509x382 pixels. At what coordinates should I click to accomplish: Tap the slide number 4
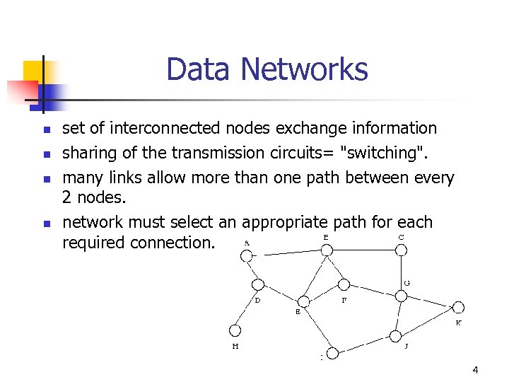(475, 370)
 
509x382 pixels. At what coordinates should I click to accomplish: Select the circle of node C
(401, 249)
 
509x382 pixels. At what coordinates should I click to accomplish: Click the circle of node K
(457, 307)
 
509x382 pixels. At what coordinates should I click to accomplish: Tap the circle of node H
(235, 330)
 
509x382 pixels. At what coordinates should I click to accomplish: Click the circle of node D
(258, 284)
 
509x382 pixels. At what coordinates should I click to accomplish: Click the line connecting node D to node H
(247, 307)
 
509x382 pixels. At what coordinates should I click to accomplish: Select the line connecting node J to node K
(426, 321)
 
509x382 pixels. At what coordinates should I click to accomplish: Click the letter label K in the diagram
(458, 323)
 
